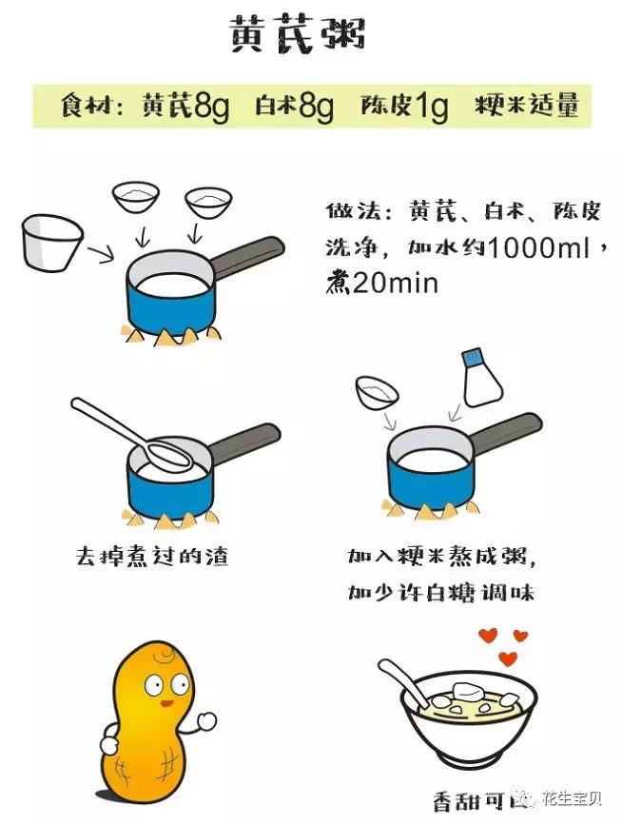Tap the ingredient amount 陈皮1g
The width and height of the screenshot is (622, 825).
pos(404,107)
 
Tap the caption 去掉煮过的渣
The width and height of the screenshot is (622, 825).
pos(152,555)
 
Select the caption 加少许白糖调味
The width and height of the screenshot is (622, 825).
pos(440,593)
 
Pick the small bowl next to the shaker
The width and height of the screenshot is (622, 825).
pos(378,391)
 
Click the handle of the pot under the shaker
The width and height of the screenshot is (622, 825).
pos(504,434)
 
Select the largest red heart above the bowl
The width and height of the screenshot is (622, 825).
pos(509,658)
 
